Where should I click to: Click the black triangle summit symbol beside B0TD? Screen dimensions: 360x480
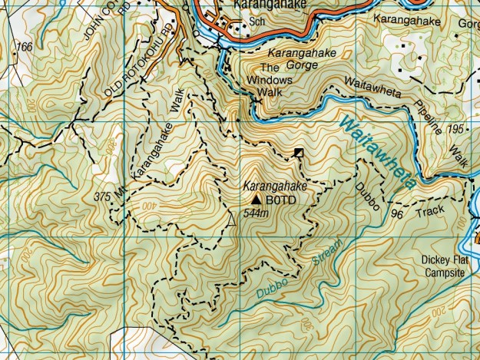coord(256,200)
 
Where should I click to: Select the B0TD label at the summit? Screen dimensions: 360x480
coord(280,200)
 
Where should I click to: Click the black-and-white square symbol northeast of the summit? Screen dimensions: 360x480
coord(298,154)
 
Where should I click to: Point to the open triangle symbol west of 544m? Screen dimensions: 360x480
coord(230,221)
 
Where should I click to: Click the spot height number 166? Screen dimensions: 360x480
coord(24,48)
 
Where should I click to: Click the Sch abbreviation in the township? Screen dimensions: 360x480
coord(257,22)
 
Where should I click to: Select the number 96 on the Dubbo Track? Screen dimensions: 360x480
coord(396,213)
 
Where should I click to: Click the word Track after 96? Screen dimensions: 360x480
coord(430,208)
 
